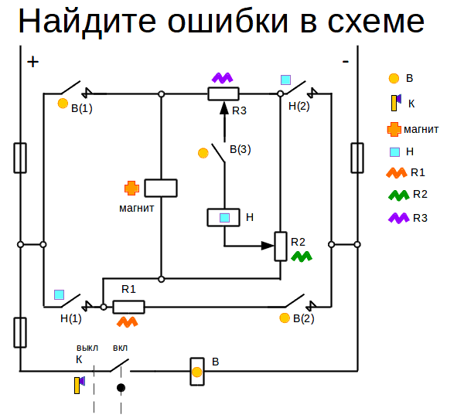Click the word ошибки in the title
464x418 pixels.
[x=228, y=22]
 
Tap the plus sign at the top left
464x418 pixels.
[x=32, y=62]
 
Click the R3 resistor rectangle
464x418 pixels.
[x=223, y=93]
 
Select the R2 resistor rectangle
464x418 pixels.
[x=281, y=246]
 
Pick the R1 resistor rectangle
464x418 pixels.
[x=128, y=307]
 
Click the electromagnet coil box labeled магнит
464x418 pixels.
[x=161, y=188]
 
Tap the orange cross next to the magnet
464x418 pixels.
[x=131, y=188]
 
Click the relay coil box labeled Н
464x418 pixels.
[x=223, y=218]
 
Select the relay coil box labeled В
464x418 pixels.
[x=197, y=372]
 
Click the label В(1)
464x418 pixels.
[x=82, y=108]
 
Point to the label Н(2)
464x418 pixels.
[x=299, y=106]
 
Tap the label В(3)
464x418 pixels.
[x=241, y=149]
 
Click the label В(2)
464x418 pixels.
[x=304, y=318]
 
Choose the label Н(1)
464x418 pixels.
[x=70, y=318]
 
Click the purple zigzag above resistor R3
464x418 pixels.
[x=223, y=78]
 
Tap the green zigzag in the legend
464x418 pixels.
[x=398, y=195]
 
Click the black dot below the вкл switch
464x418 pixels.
[x=121, y=388]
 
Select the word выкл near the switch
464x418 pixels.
[x=87, y=348]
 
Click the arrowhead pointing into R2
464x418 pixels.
[x=268, y=246]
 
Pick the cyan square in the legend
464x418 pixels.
[x=394, y=152]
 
